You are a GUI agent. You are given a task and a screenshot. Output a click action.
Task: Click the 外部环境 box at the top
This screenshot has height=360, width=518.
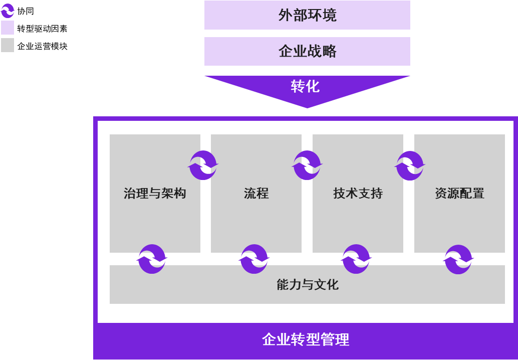coord(307,15)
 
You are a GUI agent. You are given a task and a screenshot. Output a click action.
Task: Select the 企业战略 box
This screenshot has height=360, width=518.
coord(307,51)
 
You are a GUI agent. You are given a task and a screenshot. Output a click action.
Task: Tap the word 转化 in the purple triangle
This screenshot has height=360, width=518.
coord(305,86)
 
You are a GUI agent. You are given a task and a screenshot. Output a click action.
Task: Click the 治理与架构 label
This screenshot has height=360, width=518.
coord(155,194)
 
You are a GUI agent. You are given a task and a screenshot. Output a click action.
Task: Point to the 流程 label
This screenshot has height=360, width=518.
coord(256,194)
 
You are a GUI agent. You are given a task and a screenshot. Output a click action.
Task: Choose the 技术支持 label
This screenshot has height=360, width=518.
coord(358,194)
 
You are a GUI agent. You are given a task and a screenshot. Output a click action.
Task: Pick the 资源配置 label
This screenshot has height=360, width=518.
coord(459,194)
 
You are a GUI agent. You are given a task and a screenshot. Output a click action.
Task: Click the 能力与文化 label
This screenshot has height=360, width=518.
coord(308,285)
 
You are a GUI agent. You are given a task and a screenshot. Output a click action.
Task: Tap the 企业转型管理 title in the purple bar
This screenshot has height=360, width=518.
coord(306,340)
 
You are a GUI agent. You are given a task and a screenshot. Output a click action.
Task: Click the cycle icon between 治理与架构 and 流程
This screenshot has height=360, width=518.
coord(203,165)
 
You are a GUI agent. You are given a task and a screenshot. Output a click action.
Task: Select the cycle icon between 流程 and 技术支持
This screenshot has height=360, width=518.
coord(307,165)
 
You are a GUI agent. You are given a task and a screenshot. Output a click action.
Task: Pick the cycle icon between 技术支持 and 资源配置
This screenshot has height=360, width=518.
coord(410,165)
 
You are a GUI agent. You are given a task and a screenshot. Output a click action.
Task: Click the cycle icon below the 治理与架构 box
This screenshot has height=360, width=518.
coord(152,259)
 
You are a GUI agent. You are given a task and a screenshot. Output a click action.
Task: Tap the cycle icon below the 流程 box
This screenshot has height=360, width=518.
coord(254,259)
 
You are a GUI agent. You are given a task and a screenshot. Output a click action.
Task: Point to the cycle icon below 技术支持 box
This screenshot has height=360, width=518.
coord(356,259)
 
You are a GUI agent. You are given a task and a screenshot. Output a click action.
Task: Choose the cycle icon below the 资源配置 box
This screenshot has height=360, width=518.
coord(458,259)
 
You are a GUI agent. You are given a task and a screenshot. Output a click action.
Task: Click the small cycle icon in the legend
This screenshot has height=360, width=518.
coord(8,11)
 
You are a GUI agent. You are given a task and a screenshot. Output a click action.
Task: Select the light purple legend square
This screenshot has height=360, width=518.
coord(8,28)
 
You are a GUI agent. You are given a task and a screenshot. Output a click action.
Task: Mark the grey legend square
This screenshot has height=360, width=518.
coord(8,45)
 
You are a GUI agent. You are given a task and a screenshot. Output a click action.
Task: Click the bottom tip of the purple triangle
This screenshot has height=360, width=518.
coord(307,107)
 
